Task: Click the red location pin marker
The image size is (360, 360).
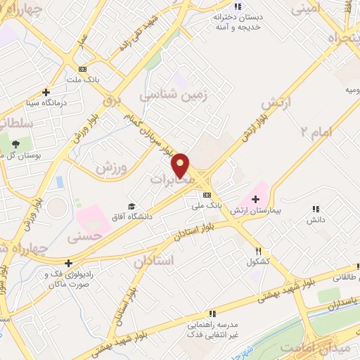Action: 182,164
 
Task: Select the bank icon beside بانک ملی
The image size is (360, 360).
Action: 207,195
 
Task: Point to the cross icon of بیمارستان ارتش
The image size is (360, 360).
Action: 255,200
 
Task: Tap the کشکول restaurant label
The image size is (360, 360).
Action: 259,262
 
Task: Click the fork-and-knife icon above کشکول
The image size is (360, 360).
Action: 259,251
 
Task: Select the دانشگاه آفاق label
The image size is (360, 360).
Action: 131,216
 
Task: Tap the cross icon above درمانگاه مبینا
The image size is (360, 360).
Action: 46,92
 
